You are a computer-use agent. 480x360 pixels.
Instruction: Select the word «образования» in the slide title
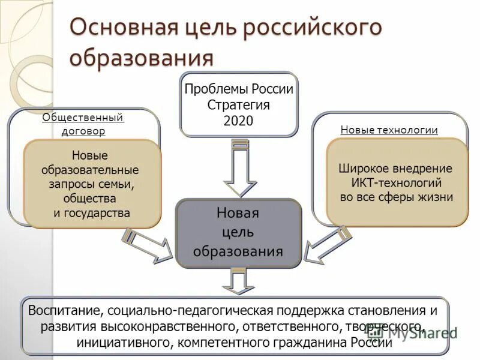point(142,59)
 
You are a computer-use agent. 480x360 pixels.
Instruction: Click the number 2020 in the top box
point(239,121)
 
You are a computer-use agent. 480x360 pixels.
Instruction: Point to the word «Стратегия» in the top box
point(239,105)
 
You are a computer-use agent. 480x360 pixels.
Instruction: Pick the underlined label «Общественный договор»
point(83,124)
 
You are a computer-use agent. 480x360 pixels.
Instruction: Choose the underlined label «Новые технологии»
point(389,130)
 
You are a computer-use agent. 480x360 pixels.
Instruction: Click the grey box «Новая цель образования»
point(238,232)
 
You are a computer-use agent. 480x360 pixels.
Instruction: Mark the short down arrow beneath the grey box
point(239,281)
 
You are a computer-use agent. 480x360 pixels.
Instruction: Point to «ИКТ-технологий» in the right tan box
point(397,183)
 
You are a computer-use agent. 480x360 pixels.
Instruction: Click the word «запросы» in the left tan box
point(70,184)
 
